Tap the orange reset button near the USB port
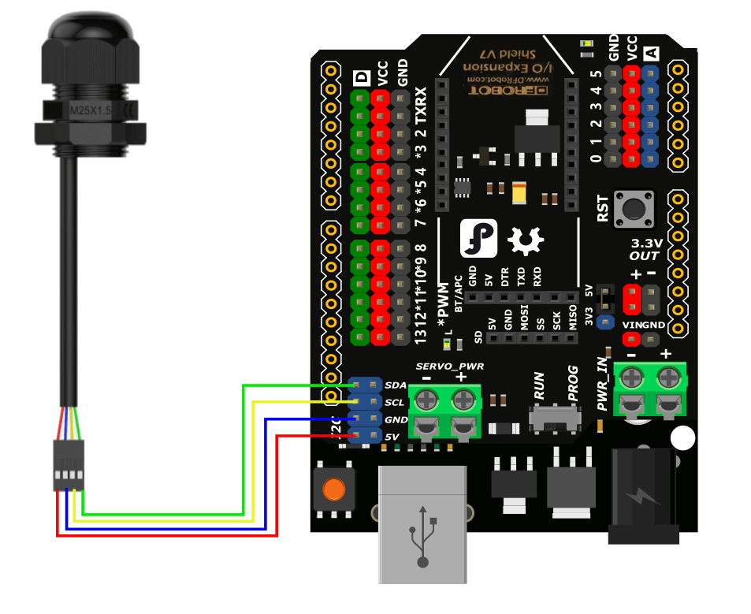click(333, 489)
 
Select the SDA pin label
click(396, 385)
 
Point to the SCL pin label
click(396, 402)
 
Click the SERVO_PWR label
click(450, 367)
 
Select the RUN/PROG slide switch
click(552, 419)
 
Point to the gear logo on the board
click(522, 240)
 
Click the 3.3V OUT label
click(645, 249)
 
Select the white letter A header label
click(651, 54)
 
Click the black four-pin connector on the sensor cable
click(69, 466)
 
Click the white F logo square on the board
click(478, 238)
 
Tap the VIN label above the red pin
click(631, 325)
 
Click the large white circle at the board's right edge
click(684, 439)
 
